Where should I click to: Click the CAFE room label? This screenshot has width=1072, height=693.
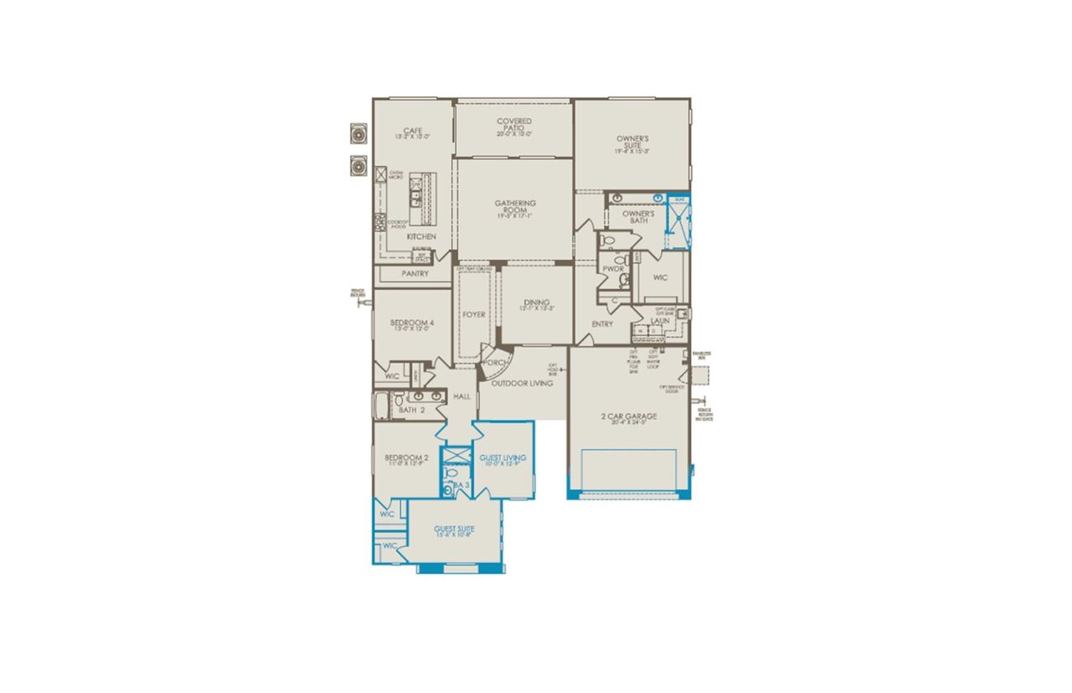(412, 131)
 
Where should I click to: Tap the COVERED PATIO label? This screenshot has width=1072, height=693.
(514, 122)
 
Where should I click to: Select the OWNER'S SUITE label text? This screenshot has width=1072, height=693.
(632, 139)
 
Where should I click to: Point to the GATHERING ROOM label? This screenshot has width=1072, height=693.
(515, 204)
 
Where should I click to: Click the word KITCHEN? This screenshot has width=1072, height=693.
(421, 237)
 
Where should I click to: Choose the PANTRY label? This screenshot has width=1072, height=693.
(415, 273)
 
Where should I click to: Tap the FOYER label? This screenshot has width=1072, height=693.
(474, 315)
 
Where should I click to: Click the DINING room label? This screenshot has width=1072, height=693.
(537, 303)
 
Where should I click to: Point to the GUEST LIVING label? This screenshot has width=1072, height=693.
(502, 458)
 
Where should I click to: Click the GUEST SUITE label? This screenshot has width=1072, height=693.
(455, 529)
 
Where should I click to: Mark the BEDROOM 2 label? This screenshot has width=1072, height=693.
(407, 458)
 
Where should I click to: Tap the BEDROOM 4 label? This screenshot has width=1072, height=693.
(412, 323)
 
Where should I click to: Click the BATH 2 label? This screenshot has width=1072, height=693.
(413, 410)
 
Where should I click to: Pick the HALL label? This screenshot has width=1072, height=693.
(462, 396)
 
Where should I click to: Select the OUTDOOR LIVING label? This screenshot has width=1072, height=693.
(522, 384)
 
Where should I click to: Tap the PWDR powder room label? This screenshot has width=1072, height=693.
(613, 269)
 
